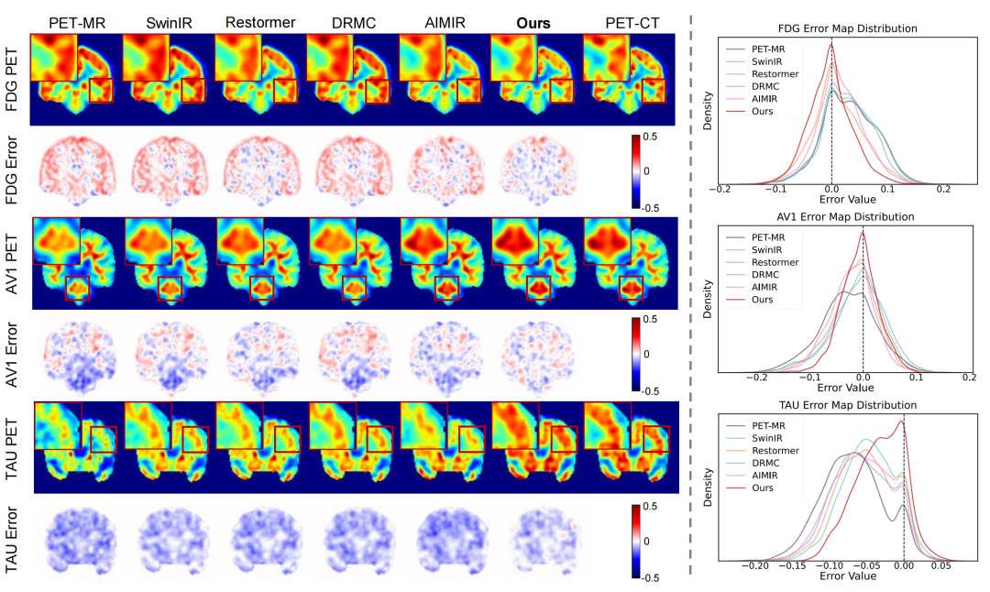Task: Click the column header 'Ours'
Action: click(533, 22)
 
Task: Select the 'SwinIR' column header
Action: click(168, 22)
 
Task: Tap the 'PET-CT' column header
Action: click(628, 22)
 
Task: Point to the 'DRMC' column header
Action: click(351, 22)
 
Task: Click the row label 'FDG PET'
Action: click(13, 80)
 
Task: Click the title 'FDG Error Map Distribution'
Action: click(832, 28)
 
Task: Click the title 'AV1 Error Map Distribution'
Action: click(832, 217)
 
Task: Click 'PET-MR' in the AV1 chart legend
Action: click(771, 236)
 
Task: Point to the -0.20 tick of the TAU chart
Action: click(756, 566)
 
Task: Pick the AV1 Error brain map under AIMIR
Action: click(443, 355)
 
